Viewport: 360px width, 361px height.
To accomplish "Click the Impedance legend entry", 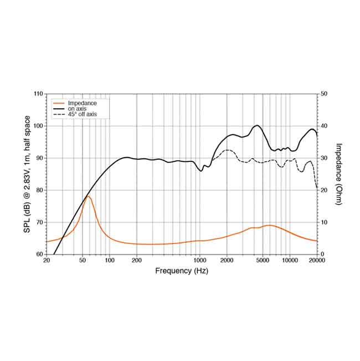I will click(x=82, y=103).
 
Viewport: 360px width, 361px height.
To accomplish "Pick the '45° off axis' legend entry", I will click(x=82, y=114).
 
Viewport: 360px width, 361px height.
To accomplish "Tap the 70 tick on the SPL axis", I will click(x=39, y=222).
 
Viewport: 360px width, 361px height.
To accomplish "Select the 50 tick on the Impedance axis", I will click(x=325, y=94).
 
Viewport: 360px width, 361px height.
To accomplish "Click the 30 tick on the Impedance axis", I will click(x=325, y=158).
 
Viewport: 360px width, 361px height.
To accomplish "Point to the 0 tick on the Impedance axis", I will click(x=323, y=254).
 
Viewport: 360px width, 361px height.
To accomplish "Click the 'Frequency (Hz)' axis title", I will click(x=181, y=271).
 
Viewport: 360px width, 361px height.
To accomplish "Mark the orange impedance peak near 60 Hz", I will click(x=88, y=196).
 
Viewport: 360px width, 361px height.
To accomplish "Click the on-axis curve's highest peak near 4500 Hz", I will click(x=258, y=125).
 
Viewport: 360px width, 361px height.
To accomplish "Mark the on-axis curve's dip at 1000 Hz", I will click(x=201, y=171).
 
